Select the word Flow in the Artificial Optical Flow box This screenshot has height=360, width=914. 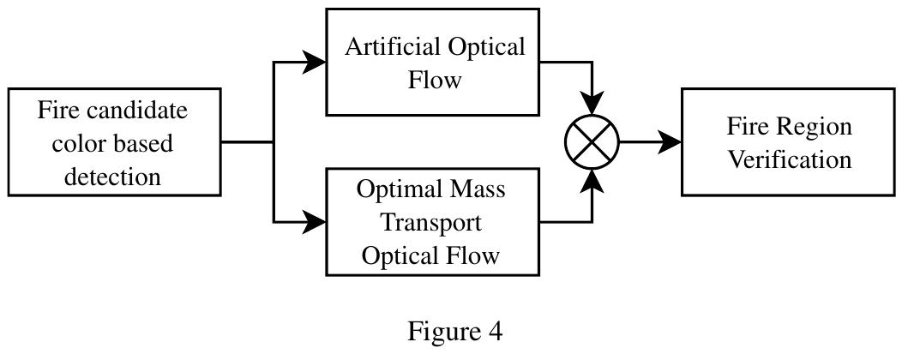[x=434, y=81]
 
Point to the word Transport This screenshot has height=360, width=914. [x=430, y=223]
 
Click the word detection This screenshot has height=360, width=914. [x=112, y=177]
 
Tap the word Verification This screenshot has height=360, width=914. [x=789, y=159]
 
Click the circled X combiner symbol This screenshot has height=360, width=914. [x=592, y=142]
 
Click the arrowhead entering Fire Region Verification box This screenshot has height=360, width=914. [x=669, y=142]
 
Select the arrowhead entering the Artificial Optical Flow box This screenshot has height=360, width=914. [x=315, y=62]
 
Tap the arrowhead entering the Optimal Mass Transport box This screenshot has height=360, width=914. [x=315, y=223]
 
